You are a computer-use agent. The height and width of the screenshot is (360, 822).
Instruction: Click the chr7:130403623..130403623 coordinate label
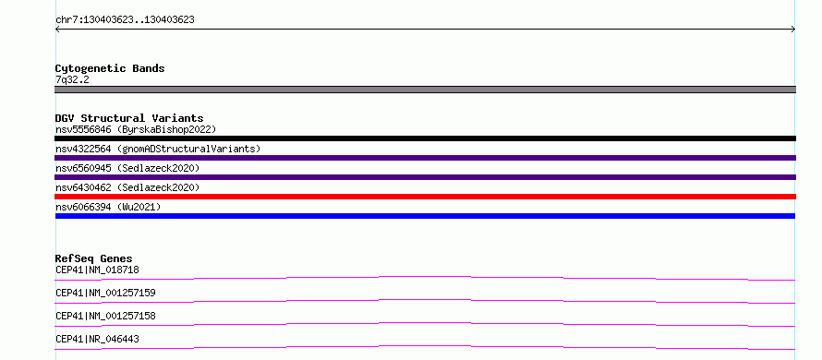(125, 20)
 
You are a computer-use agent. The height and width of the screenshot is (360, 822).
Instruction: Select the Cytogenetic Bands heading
(110, 68)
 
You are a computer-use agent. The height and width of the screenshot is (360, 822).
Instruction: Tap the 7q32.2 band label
(72, 79)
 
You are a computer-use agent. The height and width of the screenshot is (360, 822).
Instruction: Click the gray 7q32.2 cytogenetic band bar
(425, 90)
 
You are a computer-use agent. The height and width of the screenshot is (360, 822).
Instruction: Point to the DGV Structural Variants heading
(129, 118)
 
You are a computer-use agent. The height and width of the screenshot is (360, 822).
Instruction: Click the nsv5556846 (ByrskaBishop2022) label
(136, 129)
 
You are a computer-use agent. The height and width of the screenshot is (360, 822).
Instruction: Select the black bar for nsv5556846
(425, 138)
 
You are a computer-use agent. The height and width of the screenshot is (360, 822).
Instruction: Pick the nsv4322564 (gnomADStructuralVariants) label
(158, 149)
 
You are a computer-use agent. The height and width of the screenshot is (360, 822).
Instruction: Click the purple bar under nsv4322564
(425, 158)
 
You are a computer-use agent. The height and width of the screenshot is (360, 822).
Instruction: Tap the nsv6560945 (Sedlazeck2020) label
(127, 168)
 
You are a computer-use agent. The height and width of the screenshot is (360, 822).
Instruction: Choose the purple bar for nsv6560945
(425, 177)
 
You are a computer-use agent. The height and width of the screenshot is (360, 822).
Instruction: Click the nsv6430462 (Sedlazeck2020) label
(127, 187)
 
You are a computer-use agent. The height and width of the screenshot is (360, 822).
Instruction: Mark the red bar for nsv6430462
(425, 197)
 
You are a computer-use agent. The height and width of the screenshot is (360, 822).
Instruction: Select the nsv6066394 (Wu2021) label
(108, 208)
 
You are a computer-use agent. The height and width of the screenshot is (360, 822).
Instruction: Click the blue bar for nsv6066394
(425, 216)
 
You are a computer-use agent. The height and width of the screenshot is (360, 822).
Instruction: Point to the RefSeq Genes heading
(94, 258)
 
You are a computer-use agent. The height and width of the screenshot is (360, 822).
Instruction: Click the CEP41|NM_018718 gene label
(97, 270)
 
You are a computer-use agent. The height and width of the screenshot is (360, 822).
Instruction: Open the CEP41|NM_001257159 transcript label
(105, 293)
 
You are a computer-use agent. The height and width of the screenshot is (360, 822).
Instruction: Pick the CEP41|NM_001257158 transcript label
(105, 316)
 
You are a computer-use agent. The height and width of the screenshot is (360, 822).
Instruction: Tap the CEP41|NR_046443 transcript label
(97, 339)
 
